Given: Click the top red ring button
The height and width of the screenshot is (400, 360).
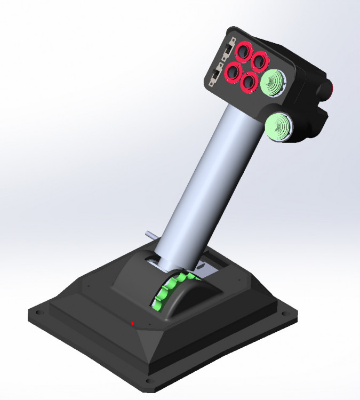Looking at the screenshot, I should coord(244,52).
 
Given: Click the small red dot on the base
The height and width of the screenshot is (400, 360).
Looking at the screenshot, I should coord(132,323).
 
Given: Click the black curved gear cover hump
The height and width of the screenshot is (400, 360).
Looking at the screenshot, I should coord(192,299).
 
